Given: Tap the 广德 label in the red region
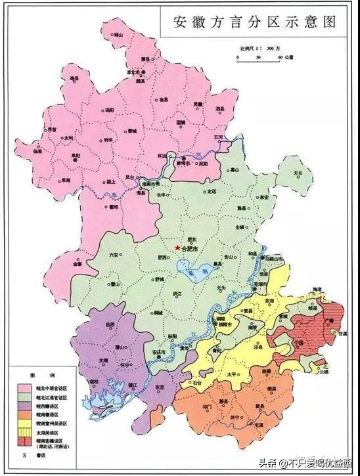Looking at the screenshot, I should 329,320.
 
